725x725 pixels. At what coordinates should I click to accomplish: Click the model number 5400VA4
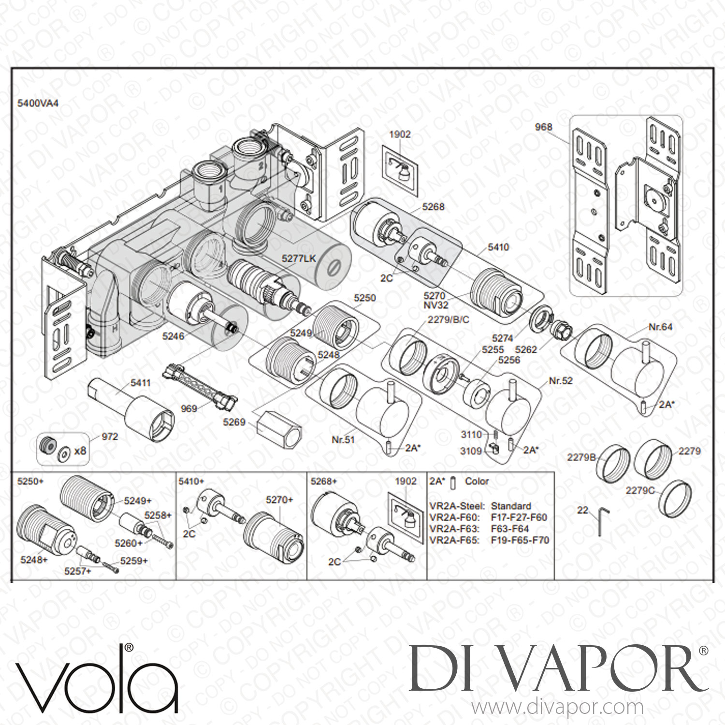point(38,103)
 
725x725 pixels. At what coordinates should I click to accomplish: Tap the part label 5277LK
point(299,259)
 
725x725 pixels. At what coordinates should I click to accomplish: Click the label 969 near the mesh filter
point(188,408)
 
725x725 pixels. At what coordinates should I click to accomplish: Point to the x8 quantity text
point(80,450)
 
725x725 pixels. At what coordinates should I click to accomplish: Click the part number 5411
point(141,383)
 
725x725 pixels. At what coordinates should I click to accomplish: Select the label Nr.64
point(660,327)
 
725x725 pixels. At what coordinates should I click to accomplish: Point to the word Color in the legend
point(477,481)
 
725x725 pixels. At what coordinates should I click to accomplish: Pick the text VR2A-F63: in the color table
point(454,529)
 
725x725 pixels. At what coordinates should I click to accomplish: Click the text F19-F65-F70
point(520,540)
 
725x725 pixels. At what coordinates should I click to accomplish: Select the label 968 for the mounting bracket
point(544,127)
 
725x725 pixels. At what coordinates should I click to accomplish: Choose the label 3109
point(471,451)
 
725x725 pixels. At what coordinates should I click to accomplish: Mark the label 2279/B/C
point(449,319)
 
